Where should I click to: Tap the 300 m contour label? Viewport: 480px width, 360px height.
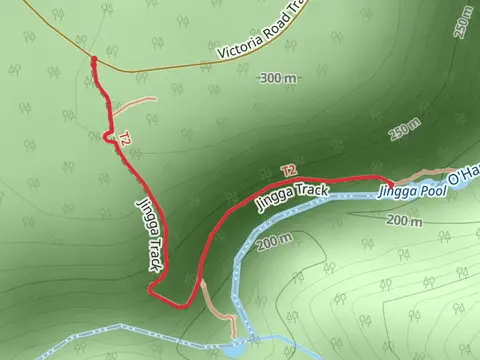coord(278,78)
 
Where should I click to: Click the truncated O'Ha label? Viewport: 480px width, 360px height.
coord(463,177)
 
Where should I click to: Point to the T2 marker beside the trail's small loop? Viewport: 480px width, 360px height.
coord(124,141)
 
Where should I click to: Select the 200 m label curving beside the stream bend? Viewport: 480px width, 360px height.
coord(273,241)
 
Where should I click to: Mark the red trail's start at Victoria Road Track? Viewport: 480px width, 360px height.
coord(94,61)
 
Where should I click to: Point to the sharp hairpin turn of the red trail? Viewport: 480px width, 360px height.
coord(151,290)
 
